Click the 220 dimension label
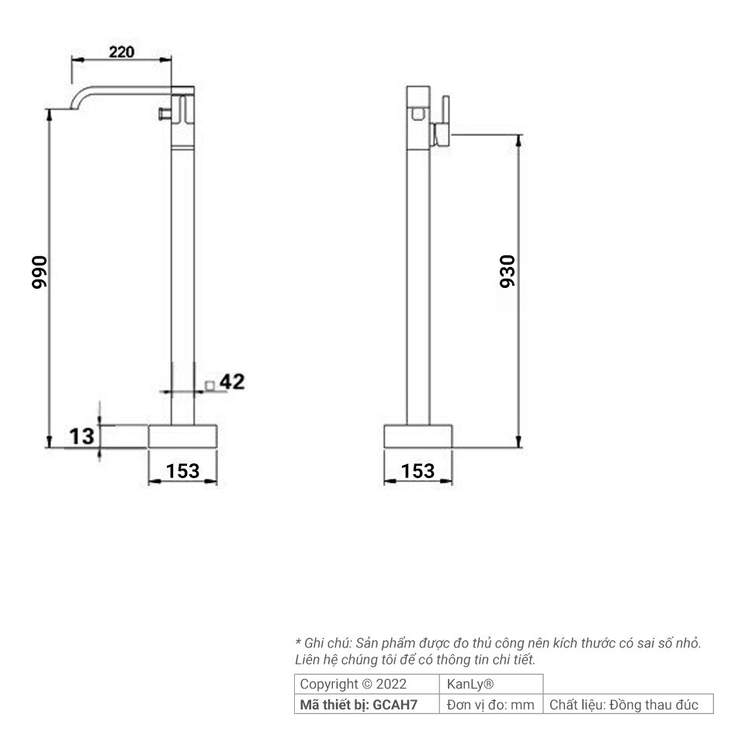click(122, 51)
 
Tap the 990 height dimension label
click(39, 272)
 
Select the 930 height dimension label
click(508, 272)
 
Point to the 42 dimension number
click(232, 381)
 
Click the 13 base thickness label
click(81, 436)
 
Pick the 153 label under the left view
click(182, 470)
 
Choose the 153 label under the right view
click(418, 470)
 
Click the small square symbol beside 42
click(210, 385)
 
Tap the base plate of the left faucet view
click(182, 436)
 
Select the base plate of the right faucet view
click(418, 436)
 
